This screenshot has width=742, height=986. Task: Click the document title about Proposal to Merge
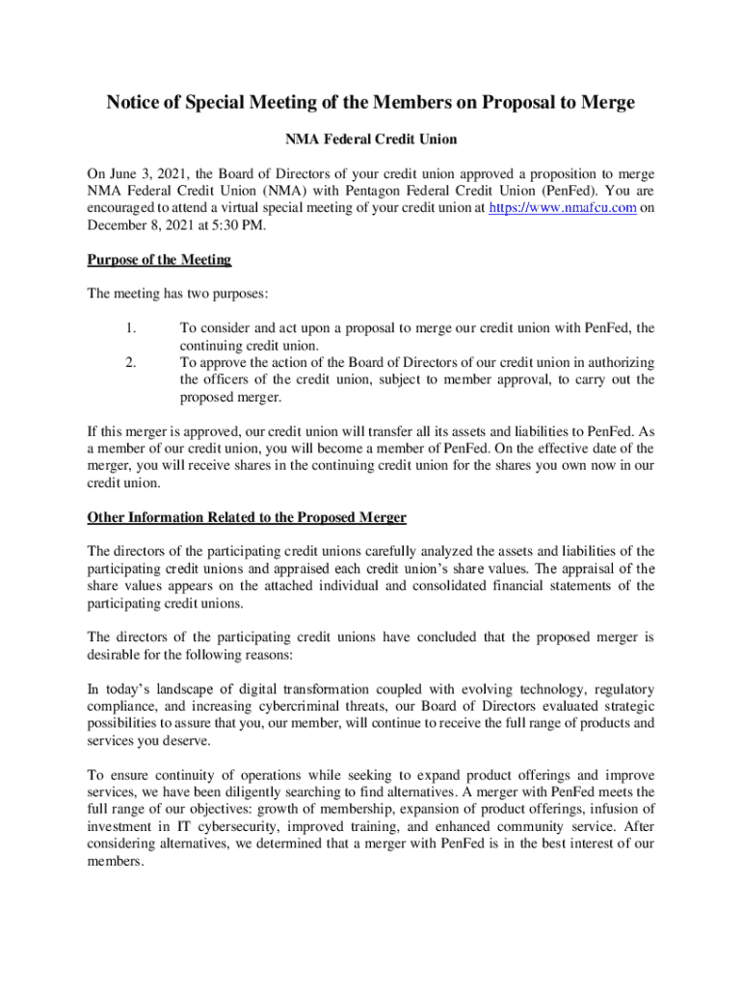(x=371, y=103)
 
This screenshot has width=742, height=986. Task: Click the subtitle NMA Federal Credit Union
(x=371, y=140)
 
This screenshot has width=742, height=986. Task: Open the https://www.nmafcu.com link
(x=563, y=208)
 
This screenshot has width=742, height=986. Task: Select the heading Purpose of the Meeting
(x=159, y=260)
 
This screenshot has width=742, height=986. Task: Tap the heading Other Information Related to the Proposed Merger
(x=247, y=518)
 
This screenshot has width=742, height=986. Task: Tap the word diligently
(x=249, y=792)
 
